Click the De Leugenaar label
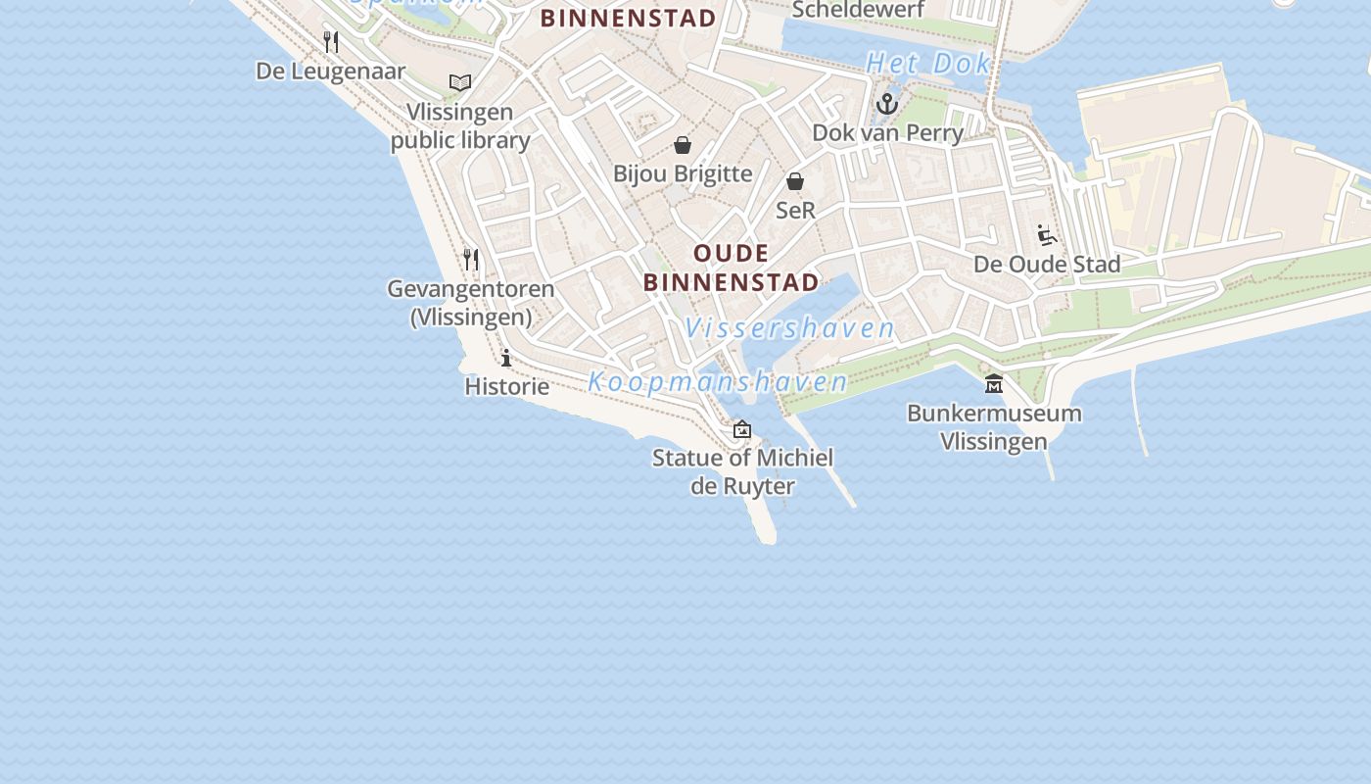(x=330, y=72)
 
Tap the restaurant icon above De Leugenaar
(x=331, y=41)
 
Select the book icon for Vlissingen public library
(x=460, y=82)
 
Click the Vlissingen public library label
(x=460, y=126)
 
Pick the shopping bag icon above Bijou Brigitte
(x=683, y=146)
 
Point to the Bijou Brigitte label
(x=683, y=174)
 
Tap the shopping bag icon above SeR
(x=795, y=181)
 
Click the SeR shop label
(x=795, y=210)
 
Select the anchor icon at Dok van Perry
(x=887, y=104)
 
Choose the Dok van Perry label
(x=887, y=132)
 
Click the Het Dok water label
(x=928, y=65)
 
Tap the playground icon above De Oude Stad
(x=1047, y=235)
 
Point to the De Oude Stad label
(x=1047, y=265)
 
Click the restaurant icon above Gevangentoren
(x=471, y=259)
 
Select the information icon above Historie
(x=506, y=358)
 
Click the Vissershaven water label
(x=789, y=328)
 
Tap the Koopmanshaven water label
(x=718, y=382)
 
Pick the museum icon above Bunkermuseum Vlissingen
(x=994, y=383)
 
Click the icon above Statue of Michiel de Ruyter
(x=742, y=428)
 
